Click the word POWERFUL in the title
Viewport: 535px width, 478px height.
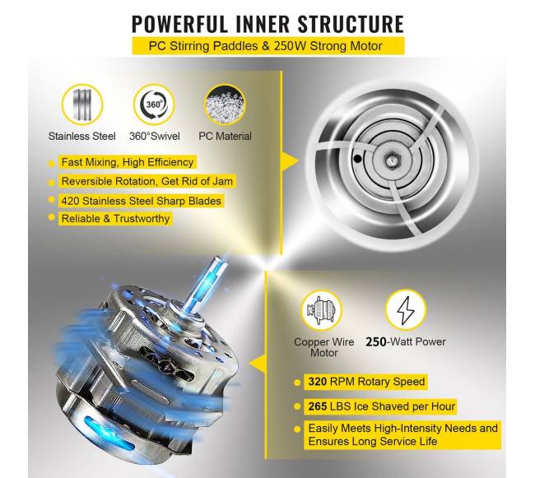(x=179, y=24)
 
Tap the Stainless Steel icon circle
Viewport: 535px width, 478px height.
(x=82, y=104)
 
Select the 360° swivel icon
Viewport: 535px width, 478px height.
(x=154, y=104)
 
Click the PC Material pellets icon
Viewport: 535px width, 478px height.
(x=225, y=104)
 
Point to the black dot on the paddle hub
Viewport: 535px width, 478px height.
(x=357, y=159)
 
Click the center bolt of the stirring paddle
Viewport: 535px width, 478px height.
(x=391, y=160)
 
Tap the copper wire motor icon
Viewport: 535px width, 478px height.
(x=322, y=310)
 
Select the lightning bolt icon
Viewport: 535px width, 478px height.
(x=406, y=310)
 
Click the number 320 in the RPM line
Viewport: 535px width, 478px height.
(x=318, y=381)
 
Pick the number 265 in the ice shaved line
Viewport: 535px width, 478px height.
(x=318, y=406)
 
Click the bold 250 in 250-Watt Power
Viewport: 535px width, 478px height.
(x=375, y=341)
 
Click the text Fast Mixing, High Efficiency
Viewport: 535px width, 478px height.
(x=128, y=162)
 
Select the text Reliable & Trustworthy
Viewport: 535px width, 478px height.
(x=115, y=218)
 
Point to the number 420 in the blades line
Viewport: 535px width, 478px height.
(x=70, y=201)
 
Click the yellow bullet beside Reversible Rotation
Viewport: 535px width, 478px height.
(x=52, y=183)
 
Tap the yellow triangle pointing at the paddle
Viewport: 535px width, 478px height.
(x=290, y=160)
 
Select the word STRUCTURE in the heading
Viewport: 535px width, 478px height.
(x=351, y=24)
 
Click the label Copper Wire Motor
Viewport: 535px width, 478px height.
(x=323, y=347)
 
